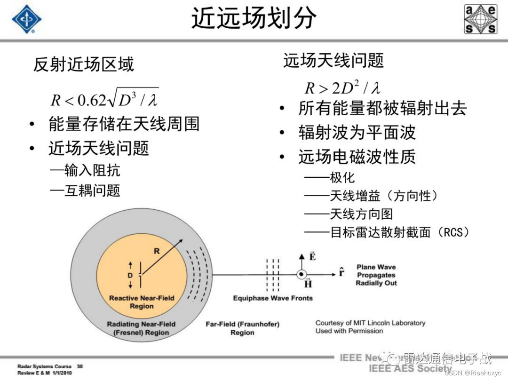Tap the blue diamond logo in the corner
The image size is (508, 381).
26,19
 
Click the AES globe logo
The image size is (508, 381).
480,19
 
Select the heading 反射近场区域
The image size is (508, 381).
83,64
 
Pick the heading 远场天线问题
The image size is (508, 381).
333,60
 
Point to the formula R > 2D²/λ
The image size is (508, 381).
342,87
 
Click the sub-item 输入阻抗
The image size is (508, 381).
85,169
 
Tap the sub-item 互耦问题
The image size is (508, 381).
85,190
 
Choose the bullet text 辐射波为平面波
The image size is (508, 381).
357,133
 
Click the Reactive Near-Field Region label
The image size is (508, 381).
142,302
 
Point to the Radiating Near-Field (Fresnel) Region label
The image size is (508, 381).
141,328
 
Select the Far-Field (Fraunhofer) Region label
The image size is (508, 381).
242,328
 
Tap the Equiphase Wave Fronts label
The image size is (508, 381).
273,298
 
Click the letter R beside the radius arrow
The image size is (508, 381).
157,251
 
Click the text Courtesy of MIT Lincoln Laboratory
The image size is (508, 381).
370,323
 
